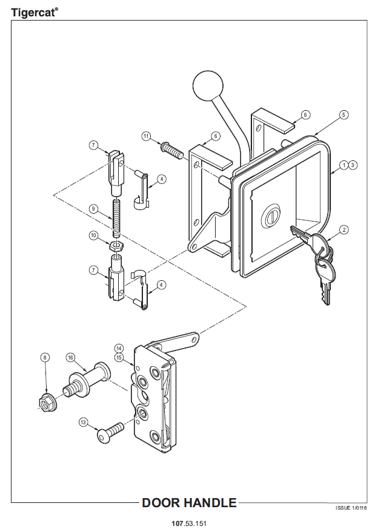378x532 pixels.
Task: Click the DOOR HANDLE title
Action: pyautogui.click(x=189, y=503)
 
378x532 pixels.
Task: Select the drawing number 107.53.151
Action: pyautogui.click(x=189, y=522)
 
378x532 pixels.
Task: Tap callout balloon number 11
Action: pyautogui.click(x=146, y=136)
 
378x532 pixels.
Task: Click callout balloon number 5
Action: pyautogui.click(x=343, y=114)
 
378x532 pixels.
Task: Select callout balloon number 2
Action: pyautogui.click(x=343, y=229)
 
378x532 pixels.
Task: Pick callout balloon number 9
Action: pyautogui.click(x=93, y=208)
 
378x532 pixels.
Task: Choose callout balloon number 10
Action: pyautogui.click(x=93, y=235)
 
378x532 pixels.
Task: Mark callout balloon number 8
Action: pyautogui.click(x=45, y=358)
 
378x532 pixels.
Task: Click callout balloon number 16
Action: pyautogui.click(x=70, y=357)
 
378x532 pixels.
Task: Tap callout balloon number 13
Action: pyautogui.click(x=84, y=421)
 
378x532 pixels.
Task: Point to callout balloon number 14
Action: pyautogui.click(x=119, y=348)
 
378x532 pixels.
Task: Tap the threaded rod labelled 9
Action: pyautogui.click(x=117, y=217)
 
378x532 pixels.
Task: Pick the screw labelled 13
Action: pyautogui.click(x=110, y=432)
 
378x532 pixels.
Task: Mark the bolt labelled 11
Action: pyautogui.click(x=172, y=149)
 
